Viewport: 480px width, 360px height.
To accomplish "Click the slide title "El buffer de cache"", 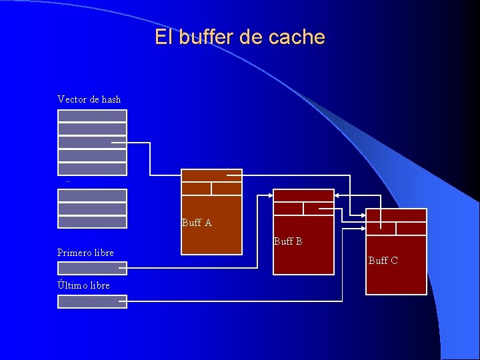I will [240, 37].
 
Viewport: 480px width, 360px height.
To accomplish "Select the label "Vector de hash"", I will [89, 99].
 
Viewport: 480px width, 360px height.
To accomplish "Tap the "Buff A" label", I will [197, 223].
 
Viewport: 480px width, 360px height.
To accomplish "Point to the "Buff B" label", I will [288, 241].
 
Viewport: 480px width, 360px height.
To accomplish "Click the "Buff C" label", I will [383, 260].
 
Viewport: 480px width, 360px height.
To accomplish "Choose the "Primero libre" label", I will [85, 253].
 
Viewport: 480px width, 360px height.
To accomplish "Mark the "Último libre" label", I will [83, 285].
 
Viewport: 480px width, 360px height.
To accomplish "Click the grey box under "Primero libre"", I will [92, 268].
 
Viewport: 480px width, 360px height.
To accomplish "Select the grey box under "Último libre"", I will [92, 301].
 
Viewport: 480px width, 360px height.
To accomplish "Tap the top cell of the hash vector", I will [92, 115].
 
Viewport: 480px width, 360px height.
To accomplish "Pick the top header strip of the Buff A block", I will [211, 175].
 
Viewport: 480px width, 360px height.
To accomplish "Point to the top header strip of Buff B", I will [303, 195].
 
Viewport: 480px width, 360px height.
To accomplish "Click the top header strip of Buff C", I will [396, 215].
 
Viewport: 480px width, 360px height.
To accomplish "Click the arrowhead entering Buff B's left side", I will [271, 195].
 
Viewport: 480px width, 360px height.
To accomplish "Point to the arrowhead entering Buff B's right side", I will [337, 195].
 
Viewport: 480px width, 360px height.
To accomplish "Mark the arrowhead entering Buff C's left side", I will [363, 215].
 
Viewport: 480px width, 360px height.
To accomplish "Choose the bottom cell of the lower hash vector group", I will [92, 222].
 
